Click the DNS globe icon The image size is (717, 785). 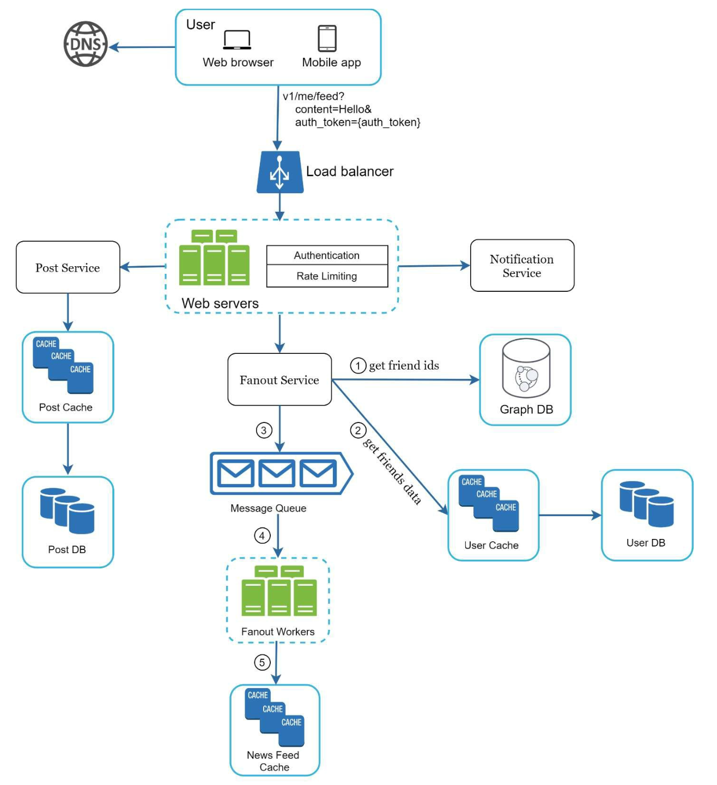tap(86, 44)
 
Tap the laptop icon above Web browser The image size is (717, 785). tap(237, 40)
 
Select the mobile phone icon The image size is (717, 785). tap(327, 39)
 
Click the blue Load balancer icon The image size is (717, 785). tap(280, 172)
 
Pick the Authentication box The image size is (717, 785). tap(327, 255)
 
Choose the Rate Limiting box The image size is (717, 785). tap(327, 276)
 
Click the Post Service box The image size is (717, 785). tap(68, 267)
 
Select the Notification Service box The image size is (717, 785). tap(522, 266)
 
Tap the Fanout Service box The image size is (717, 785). tap(279, 380)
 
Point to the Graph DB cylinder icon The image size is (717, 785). tap(526, 369)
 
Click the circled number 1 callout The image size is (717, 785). tap(358, 365)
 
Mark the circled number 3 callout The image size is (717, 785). tap(264, 431)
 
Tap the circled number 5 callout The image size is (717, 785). tap(262, 663)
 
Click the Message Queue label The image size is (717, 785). tap(268, 508)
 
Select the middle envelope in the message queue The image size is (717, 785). tap(277, 473)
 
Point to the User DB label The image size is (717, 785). tap(646, 543)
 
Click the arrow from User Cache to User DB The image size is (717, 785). tap(570, 515)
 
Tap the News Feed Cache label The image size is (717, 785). tap(274, 761)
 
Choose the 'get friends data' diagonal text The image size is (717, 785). tap(392, 471)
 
